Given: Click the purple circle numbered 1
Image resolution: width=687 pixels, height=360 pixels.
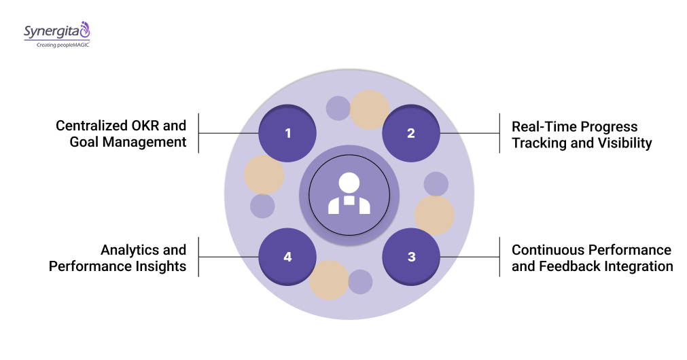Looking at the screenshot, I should [x=287, y=133].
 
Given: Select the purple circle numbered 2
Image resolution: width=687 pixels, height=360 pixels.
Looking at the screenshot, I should [x=410, y=133].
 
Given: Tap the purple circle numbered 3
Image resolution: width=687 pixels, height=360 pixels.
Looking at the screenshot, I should [x=410, y=257].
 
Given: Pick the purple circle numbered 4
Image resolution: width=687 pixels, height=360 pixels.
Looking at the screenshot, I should [x=287, y=257].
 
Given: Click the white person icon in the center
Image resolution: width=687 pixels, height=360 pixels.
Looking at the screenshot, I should [x=349, y=194].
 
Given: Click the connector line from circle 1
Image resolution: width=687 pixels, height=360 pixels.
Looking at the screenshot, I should [x=228, y=133].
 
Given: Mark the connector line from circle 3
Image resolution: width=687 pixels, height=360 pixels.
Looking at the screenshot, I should [x=470, y=257].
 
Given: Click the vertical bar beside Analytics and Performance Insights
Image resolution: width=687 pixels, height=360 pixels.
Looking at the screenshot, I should [x=198, y=257].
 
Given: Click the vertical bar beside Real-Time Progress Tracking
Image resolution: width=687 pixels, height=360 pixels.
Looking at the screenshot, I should [x=499, y=133].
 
